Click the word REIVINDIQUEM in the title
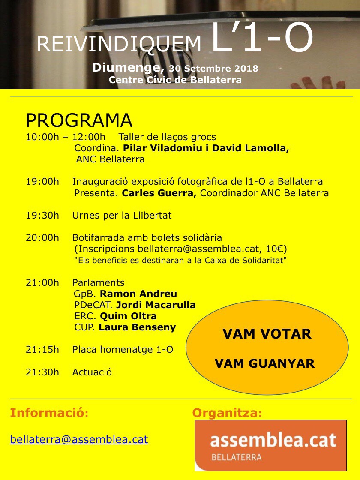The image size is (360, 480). (x=119, y=44)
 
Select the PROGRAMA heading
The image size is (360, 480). (x=79, y=121)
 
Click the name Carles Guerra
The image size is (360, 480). (x=159, y=193)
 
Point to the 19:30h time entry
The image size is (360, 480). (x=42, y=215)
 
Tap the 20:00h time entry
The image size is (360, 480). (x=42, y=237)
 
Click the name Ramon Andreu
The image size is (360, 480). (x=138, y=294)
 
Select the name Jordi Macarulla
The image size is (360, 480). (x=156, y=305)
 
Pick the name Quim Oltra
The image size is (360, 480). (x=128, y=316)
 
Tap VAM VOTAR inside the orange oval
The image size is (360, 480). (x=267, y=334)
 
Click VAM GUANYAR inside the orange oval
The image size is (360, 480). (x=264, y=364)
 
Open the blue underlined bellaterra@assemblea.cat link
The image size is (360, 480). (x=79, y=439)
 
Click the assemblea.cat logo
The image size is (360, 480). (x=271, y=445)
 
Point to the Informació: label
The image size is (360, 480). (x=49, y=413)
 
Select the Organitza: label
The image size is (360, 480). (x=227, y=413)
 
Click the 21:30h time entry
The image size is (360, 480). (x=42, y=372)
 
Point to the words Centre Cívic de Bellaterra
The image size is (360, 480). (x=175, y=80)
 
